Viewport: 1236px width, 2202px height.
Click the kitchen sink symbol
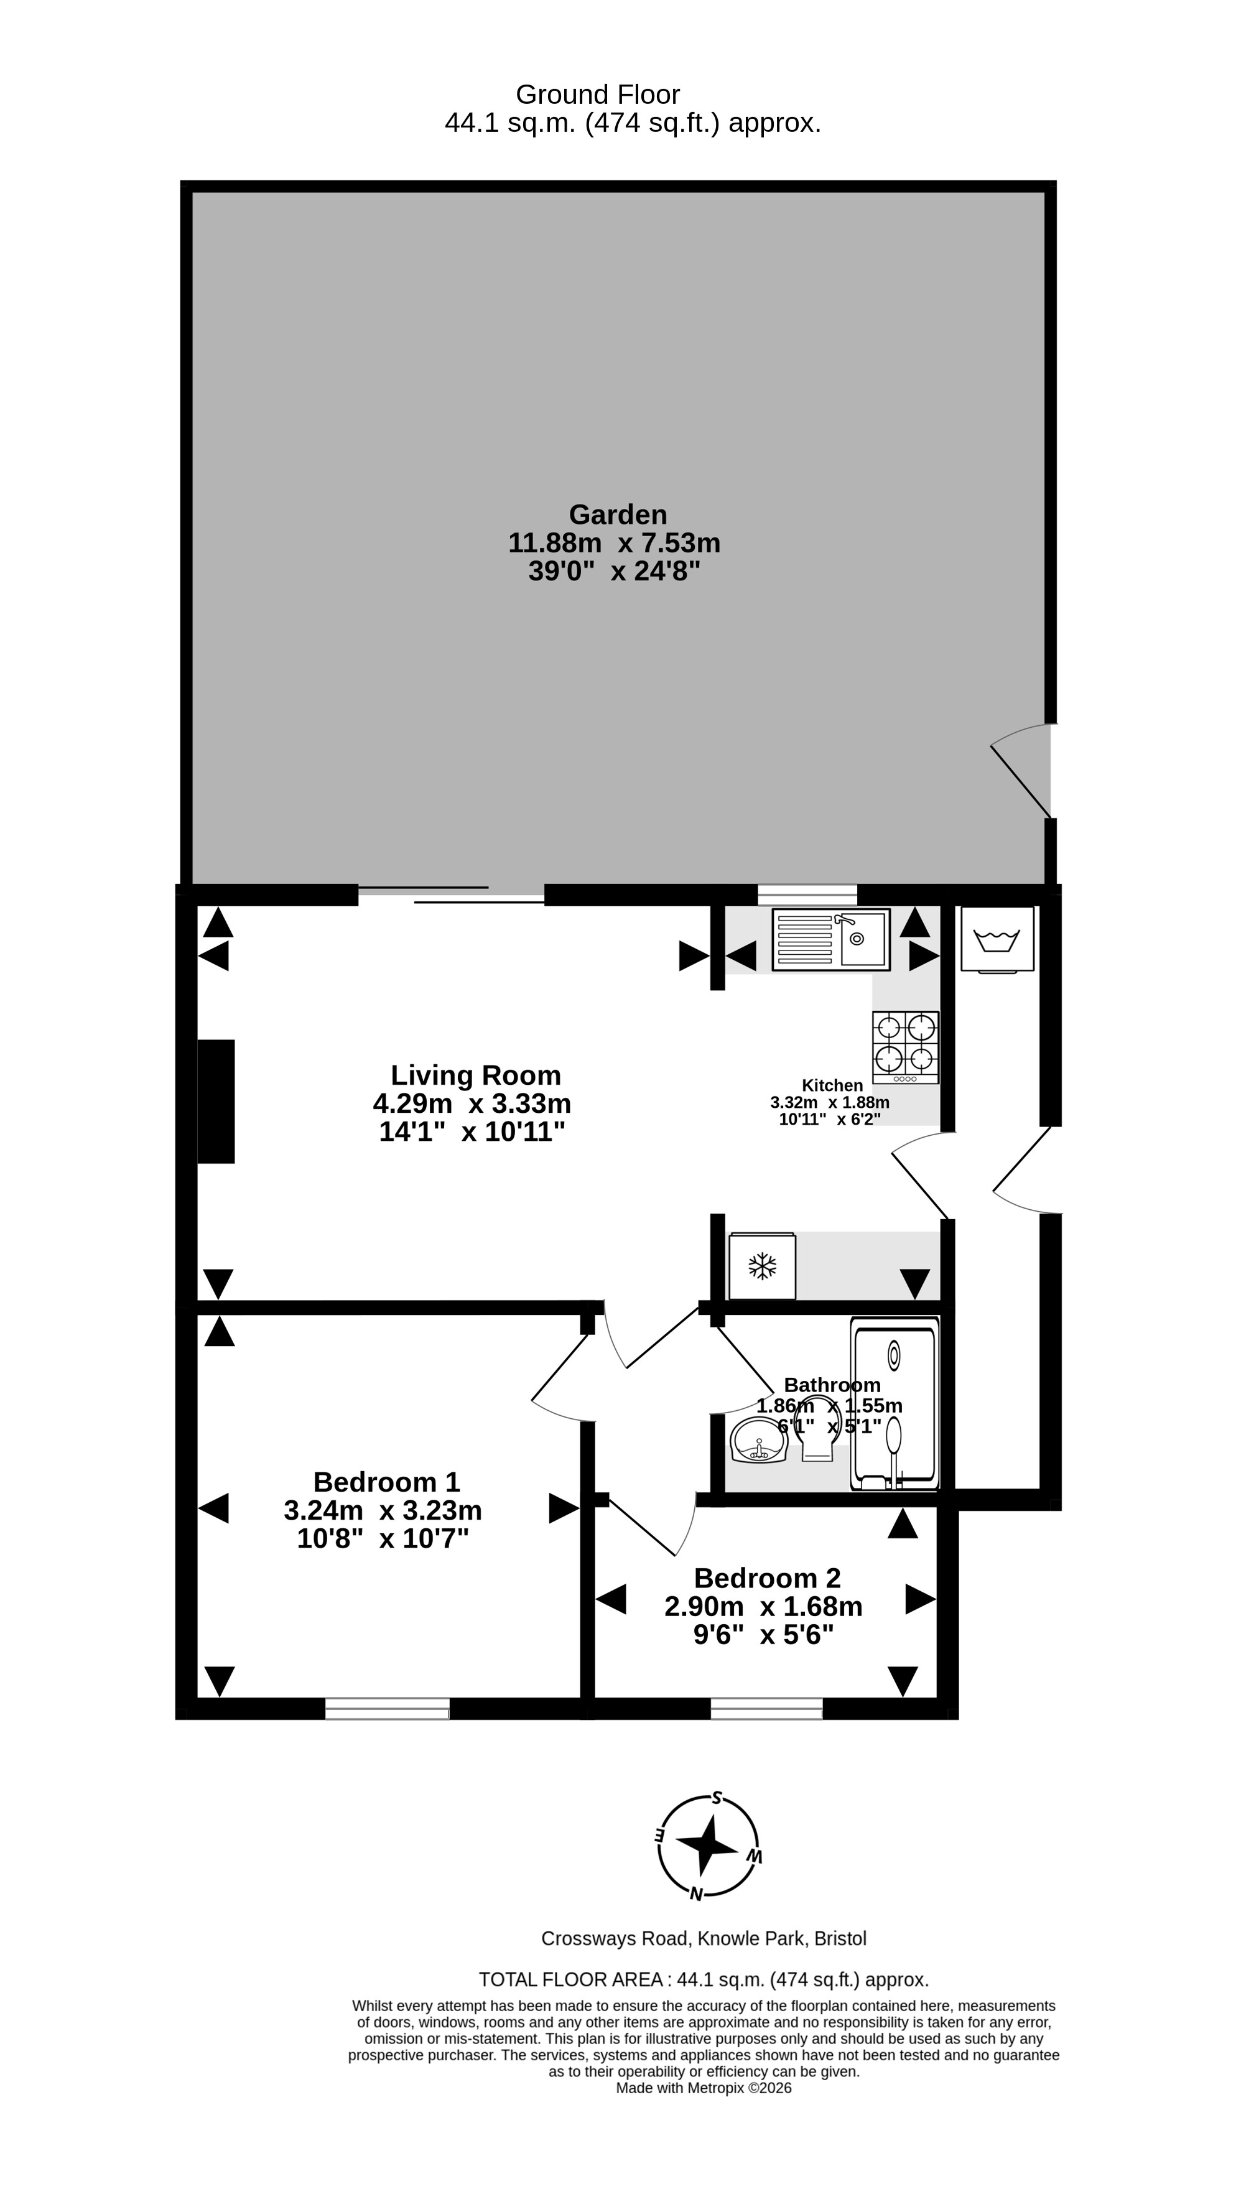click(831, 939)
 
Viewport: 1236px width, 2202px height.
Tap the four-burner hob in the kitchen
click(905, 1047)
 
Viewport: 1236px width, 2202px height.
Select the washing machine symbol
click(998, 939)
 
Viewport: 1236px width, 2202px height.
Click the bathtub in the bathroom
click(894, 1403)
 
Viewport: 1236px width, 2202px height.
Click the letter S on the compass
click(717, 1798)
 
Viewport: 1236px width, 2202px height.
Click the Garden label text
click(618, 514)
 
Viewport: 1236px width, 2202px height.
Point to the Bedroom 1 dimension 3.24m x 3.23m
click(383, 1510)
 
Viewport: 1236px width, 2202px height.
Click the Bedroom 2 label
click(768, 1577)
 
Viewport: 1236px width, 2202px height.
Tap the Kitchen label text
click(832, 1085)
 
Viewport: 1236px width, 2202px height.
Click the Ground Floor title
click(598, 94)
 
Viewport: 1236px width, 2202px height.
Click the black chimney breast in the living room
click(215, 1101)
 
